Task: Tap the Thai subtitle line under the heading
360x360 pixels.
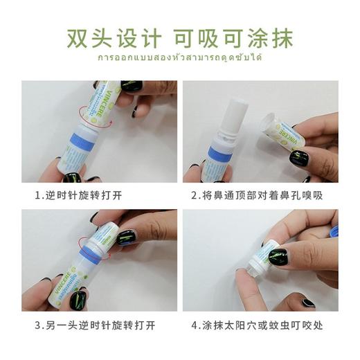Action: (x=179, y=58)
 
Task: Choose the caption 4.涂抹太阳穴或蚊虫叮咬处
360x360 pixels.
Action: (x=260, y=323)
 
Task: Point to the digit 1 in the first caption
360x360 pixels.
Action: (x=39, y=195)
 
